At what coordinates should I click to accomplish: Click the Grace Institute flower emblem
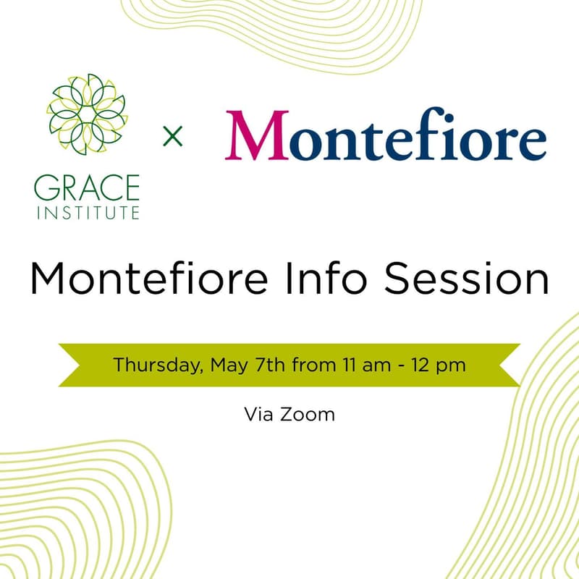(86, 114)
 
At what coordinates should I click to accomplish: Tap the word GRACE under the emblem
(86, 189)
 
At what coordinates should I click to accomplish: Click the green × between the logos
(172, 135)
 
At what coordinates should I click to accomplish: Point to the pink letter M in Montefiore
(256, 136)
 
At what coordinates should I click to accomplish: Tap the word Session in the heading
(465, 279)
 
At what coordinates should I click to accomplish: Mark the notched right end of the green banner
(507, 365)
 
